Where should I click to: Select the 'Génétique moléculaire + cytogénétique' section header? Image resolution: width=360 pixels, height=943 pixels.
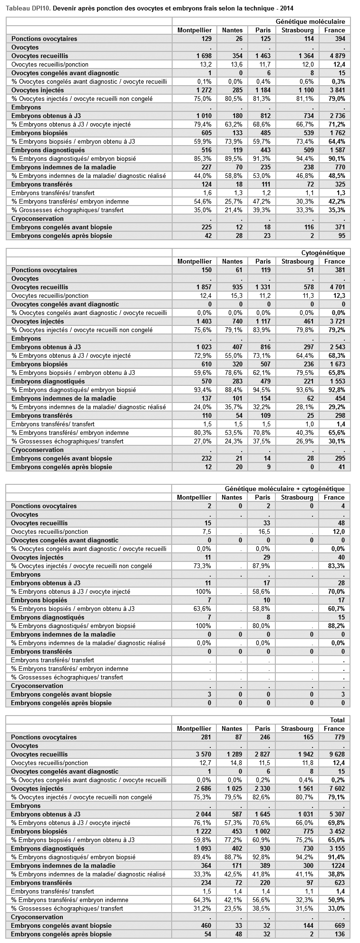[284, 489]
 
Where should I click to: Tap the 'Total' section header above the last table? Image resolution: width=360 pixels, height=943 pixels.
[337, 720]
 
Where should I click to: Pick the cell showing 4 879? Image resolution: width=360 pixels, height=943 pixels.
[335, 56]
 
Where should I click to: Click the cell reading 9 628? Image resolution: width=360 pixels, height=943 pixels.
[335, 754]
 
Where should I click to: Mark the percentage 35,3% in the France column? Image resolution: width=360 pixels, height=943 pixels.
[335, 210]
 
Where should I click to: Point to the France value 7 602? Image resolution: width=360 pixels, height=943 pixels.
[335, 788]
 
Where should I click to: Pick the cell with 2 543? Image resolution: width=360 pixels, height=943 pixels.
[335, 347]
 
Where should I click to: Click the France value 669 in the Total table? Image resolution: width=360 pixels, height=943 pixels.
[339, 925]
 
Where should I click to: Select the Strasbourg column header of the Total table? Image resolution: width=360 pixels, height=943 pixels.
[297, 728]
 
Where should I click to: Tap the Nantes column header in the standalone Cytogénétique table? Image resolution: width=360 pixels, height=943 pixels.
[232, 261]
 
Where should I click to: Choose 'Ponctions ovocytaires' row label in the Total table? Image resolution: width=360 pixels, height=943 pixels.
[44, 737]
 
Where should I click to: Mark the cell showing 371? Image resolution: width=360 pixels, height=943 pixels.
[339, 227]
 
